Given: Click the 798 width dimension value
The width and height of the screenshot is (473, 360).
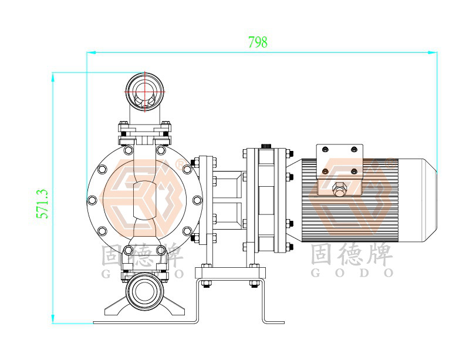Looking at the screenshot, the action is [x=258, y=42].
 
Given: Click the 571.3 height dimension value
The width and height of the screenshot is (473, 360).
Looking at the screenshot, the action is [x=42, y=204].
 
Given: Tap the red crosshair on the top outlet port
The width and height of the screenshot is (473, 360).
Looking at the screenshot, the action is [x=145, y=91].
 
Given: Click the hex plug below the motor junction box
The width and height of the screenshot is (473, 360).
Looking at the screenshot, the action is [x=340, y=189].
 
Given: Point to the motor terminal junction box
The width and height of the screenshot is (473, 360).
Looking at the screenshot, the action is [x=340, y=162].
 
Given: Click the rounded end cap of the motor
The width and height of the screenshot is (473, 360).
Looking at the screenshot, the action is [x=418, y=200].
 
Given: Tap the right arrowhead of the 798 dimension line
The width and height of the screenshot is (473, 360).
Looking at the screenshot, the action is [x=433, y=52].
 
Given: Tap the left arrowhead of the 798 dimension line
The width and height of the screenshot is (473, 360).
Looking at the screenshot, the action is [x=91, y=52].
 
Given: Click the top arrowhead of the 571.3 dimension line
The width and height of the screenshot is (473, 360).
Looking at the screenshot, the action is [x=53, y=77].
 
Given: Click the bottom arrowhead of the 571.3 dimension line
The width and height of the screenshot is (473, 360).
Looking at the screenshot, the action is [x=53, y=319].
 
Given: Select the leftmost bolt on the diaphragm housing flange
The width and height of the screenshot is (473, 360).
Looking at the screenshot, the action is [x=92, y=200].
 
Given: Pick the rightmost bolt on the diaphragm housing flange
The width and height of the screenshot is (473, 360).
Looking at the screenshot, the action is [x=197, y=200].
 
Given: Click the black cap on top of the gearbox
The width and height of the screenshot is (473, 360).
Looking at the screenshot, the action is [x=266, y=146].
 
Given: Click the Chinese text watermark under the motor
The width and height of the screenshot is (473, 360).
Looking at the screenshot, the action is [x=352, y=255].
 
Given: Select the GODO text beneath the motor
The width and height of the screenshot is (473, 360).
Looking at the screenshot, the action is [x=352, y=273].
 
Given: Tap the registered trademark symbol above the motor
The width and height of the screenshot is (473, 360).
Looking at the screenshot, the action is [x=391, y=163].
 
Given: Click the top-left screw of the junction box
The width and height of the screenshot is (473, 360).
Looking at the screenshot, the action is [x=325, y=149].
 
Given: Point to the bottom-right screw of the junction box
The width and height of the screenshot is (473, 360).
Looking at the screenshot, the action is [x=354, y=171].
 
